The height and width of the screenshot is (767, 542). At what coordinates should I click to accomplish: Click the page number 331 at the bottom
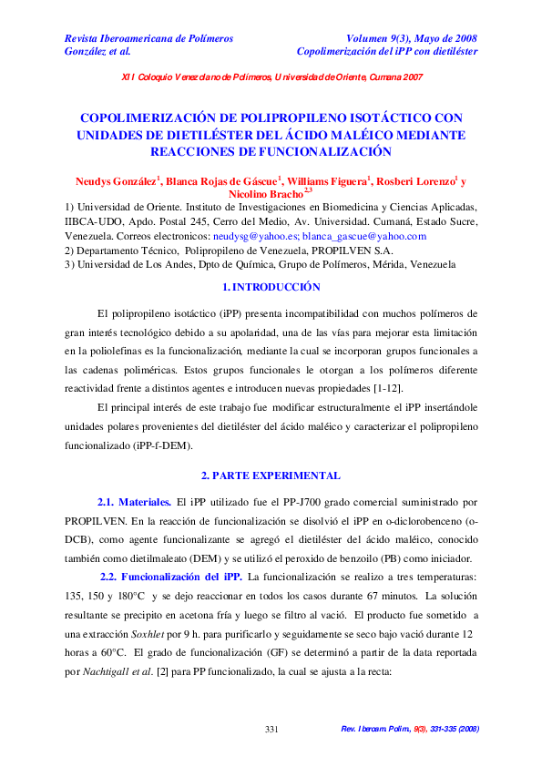[x=271, y=730]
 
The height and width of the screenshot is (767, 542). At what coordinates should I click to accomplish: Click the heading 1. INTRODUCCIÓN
[x=271, y=288]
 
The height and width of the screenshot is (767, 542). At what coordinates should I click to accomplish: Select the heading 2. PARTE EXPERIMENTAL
[x=271, y=476]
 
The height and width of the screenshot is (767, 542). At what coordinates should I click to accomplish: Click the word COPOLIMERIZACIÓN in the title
[x=154, y=118]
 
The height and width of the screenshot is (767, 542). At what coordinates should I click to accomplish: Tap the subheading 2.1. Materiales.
[x=134, y=502]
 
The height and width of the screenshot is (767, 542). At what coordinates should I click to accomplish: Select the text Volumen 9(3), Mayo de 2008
[x=412, y=38]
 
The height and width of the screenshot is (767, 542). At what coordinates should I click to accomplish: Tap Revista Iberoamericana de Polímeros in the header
[x=148, y=38]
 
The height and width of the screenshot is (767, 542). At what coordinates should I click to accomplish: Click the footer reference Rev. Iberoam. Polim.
[x=377, y=730]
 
